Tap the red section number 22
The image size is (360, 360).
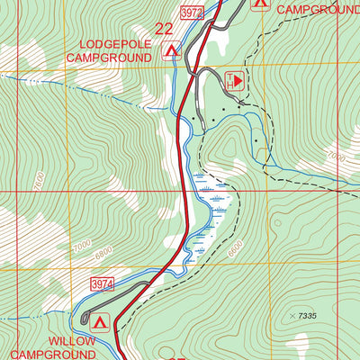click(x=164, y=29)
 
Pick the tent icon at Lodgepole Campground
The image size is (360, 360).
click(x=171, y=51)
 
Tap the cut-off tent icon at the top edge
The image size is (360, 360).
click(x=260, y=4)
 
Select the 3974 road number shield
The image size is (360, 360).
click(x=102, y=283)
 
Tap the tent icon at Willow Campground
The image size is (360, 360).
click(x=99, y=320)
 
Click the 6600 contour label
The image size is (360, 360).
click(x=236, y=251)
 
